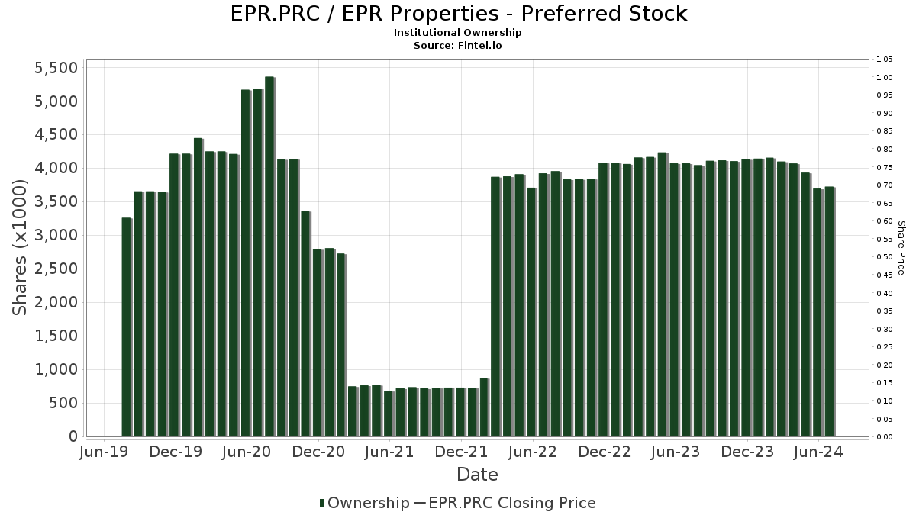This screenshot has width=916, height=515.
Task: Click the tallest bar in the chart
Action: click(x=269, y=256)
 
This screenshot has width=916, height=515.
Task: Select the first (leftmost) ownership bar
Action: click(x=127, y=327)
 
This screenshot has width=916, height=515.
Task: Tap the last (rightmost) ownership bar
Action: click(x=829, y=312)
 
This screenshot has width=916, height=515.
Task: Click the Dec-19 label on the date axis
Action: click(x=176, y=452)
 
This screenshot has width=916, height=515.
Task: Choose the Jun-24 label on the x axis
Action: click(x=819, y=452)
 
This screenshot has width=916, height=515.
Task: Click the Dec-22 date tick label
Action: click(x=605, y=452)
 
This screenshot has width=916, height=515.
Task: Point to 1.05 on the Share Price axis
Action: click(x=885, y=60)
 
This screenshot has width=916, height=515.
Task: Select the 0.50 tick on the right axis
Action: click(x=885, y=257)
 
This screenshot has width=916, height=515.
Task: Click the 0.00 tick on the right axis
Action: click(x=885, y=436)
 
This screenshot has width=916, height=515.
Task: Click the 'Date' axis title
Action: click(x=477, y=475)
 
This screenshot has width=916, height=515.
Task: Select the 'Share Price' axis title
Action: click(x=901, y=248)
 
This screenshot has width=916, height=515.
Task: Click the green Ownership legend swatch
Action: click(x=323, y=503)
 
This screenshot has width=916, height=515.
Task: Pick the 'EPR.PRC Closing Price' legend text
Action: click(x=512, y=503)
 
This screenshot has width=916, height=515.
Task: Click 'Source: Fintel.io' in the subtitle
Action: click(x=458, y=45)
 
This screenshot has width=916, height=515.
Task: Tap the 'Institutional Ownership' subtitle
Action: click(x=458, y=33)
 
